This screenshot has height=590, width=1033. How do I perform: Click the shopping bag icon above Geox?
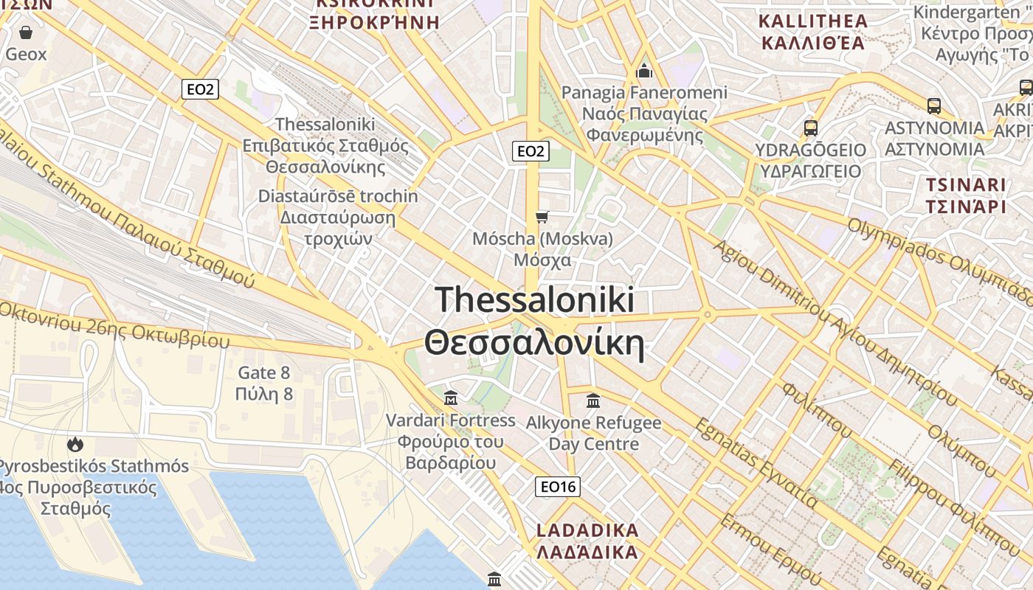[26, 32]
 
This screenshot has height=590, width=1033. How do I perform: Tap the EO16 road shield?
[557, 486]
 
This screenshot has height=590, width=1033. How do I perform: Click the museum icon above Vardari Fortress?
[451, 398]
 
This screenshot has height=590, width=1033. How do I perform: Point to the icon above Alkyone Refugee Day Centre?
[593, 401]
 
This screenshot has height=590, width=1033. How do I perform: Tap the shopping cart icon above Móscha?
[542, 216]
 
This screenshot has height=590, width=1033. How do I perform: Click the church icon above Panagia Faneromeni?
[644, 71]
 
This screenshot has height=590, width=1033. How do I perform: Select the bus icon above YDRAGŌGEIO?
[811, 128]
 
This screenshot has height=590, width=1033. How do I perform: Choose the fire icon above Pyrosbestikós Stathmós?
[75, 444]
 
